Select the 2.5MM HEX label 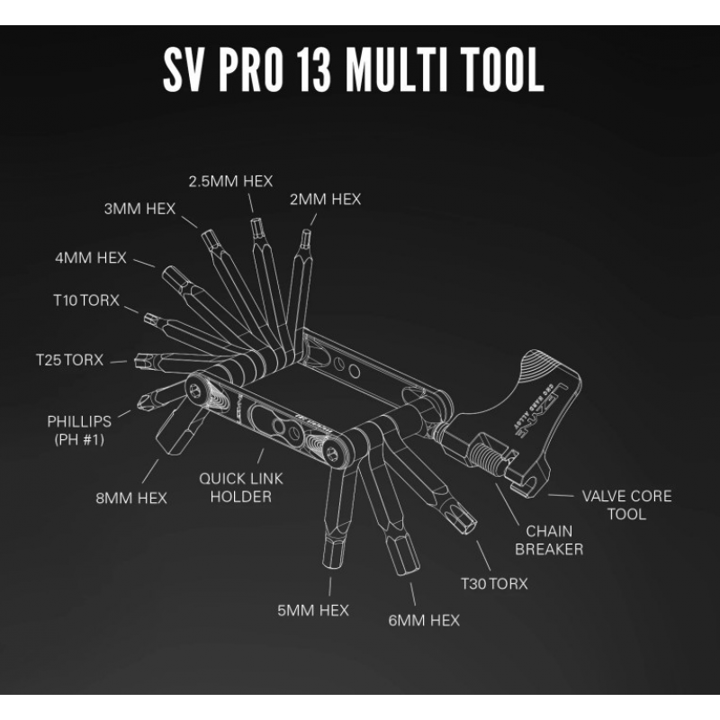230,181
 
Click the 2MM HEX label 325,199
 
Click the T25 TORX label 69,359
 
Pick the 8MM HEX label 133,498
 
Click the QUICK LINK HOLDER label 240,488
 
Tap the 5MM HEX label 312,611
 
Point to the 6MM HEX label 423,620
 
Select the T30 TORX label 494,583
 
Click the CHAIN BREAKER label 550,540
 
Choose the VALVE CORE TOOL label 626,505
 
